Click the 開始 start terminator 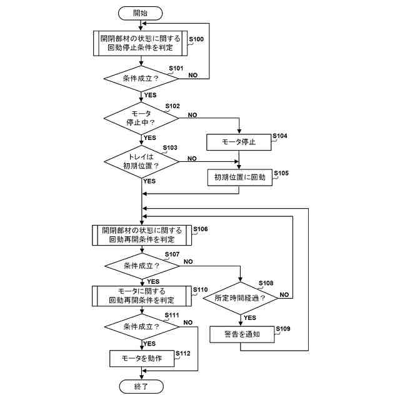point(140,13)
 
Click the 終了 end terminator point(141,386)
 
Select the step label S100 point(196,39)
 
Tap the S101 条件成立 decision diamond point(141,79)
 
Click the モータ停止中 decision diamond point(141,118)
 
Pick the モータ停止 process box point(239,142)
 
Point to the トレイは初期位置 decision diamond point(142,161)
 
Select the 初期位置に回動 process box point(240,177)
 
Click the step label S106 point(201,229)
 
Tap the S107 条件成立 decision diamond point(142,266)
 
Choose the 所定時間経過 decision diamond point(240,298)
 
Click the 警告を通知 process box point(242,334)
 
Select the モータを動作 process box point(142,358)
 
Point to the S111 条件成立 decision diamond point(142,327)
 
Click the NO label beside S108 point(284,294)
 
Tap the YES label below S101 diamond point(150,95)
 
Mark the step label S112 point(183,353)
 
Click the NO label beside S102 point(192,115)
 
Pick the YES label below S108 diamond point(250,318)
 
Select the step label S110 point(200,290)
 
